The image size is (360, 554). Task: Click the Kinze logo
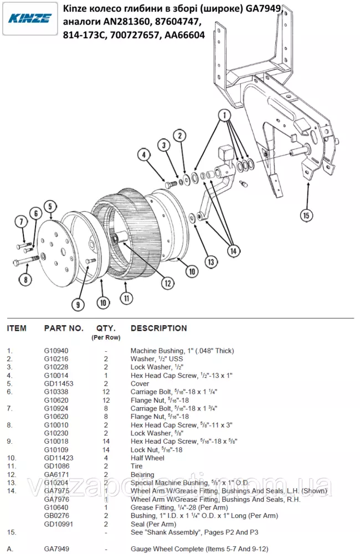(30, 18)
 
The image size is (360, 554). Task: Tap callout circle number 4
(143, 155)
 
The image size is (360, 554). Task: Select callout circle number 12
(167, 283)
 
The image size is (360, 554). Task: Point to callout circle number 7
(20, 222)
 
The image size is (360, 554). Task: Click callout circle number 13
(210, 261)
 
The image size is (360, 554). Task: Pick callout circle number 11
(127, 297)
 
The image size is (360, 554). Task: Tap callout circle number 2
(179, 136)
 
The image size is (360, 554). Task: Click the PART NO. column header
(64, 329)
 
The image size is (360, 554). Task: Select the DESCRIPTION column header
(158, 329)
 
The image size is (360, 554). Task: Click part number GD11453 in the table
(59, 383)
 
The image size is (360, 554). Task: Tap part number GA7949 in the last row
(56, 548)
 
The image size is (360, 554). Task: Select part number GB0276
(56, 515)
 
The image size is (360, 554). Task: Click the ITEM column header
(17, 329)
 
